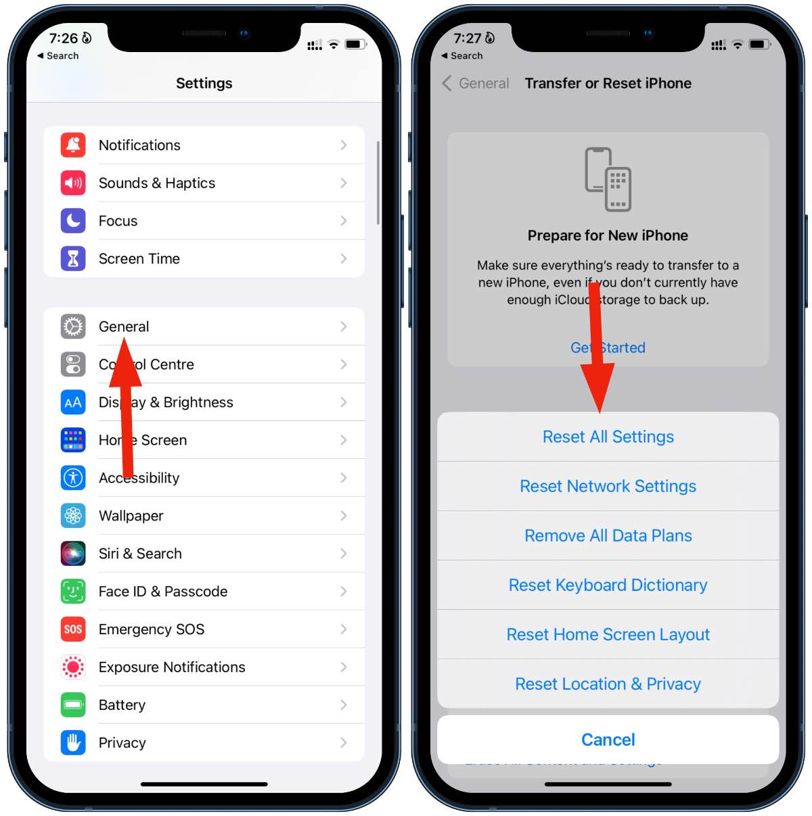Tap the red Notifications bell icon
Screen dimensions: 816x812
(x=73, y=145)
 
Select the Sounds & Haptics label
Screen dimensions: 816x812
(x=156, y=183)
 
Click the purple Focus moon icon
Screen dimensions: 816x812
(x=73, y=221)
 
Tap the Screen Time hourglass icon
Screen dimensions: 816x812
(x=73, y=259)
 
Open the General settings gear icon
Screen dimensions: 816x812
(x=73, y=327)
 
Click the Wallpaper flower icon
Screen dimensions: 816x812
(x=73, y=516)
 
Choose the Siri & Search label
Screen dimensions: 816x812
(x=140, y=554)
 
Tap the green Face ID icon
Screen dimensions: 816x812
(x=73, y=592)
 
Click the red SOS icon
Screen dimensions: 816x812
(x=73, y=629)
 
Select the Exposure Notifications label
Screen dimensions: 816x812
(x=172, y=667)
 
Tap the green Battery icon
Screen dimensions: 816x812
(x=73, y=705)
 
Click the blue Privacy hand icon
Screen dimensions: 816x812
(x=73, y=743)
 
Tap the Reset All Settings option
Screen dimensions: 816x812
(x=608, y=437)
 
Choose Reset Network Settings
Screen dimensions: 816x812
(x=608, y=486)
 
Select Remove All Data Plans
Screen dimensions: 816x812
(x=608, y=535)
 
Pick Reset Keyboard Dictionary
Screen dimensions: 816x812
(x=608, y=585)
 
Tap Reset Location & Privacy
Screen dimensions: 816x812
(x=608, y=684)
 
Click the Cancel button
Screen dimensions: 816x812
(x=608, y=740)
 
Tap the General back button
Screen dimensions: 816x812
(x=476, y=83)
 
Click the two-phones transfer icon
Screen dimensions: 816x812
(x=608, y=179)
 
